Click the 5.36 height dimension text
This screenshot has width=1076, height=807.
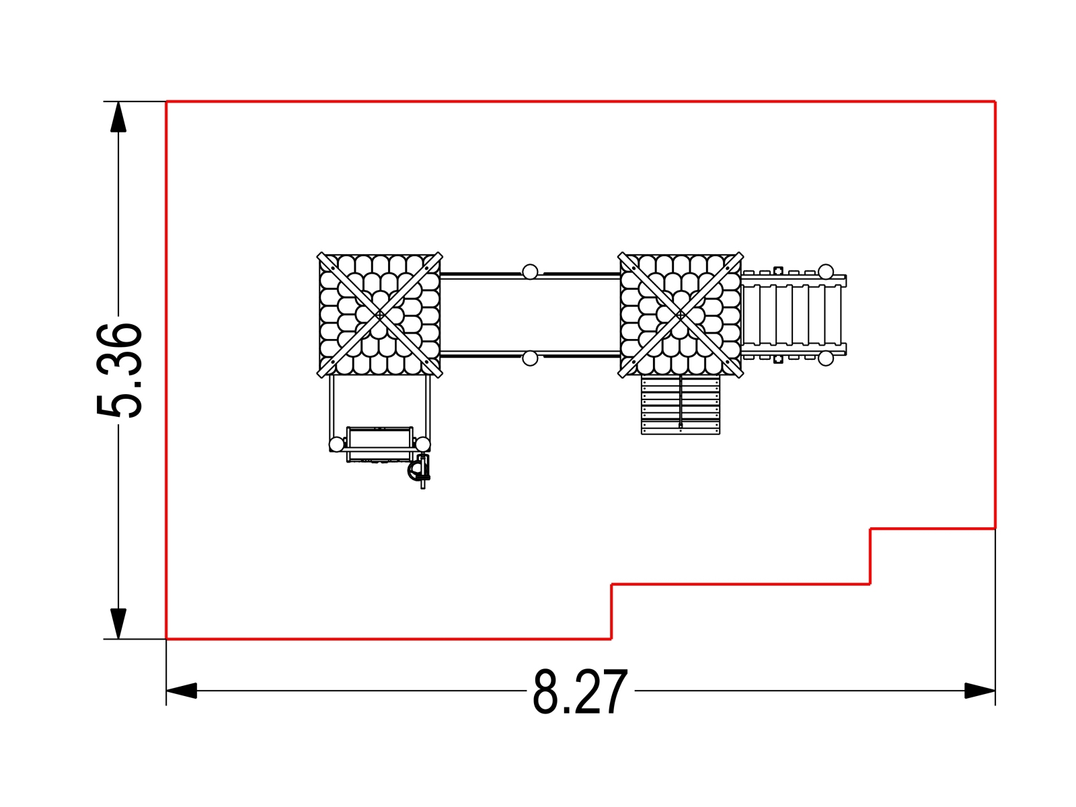(119, 370)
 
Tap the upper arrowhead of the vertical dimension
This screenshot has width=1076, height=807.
(118, 117)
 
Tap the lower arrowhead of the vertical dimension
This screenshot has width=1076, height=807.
(118, 624)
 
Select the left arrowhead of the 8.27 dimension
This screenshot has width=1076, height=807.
(182, 691)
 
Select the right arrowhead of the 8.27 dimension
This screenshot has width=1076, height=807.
(980, 691)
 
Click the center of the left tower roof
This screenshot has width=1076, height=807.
(379, 315)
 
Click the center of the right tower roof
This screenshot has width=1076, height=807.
(681, 315)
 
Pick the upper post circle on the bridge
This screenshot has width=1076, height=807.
(530, 272)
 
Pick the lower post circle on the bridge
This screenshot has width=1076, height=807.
(530, 358)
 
